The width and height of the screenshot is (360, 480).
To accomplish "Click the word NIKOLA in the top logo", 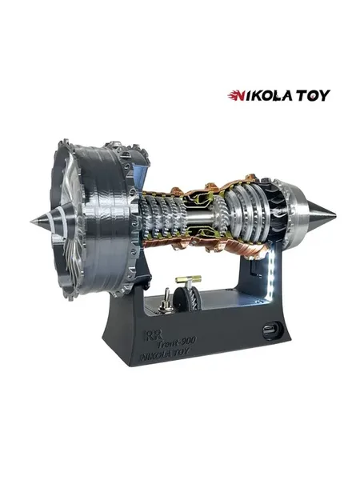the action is [259, 95].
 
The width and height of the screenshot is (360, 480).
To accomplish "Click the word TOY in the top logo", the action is [313, 95].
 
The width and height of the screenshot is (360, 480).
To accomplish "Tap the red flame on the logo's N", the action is [234, 95].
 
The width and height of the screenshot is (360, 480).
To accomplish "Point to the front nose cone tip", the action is [31, 221].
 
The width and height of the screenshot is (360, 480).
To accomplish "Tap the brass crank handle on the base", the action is [188, 279].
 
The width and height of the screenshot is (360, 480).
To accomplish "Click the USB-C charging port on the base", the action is [271, 331].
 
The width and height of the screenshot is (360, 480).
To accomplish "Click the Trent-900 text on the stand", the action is [177, 342].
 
